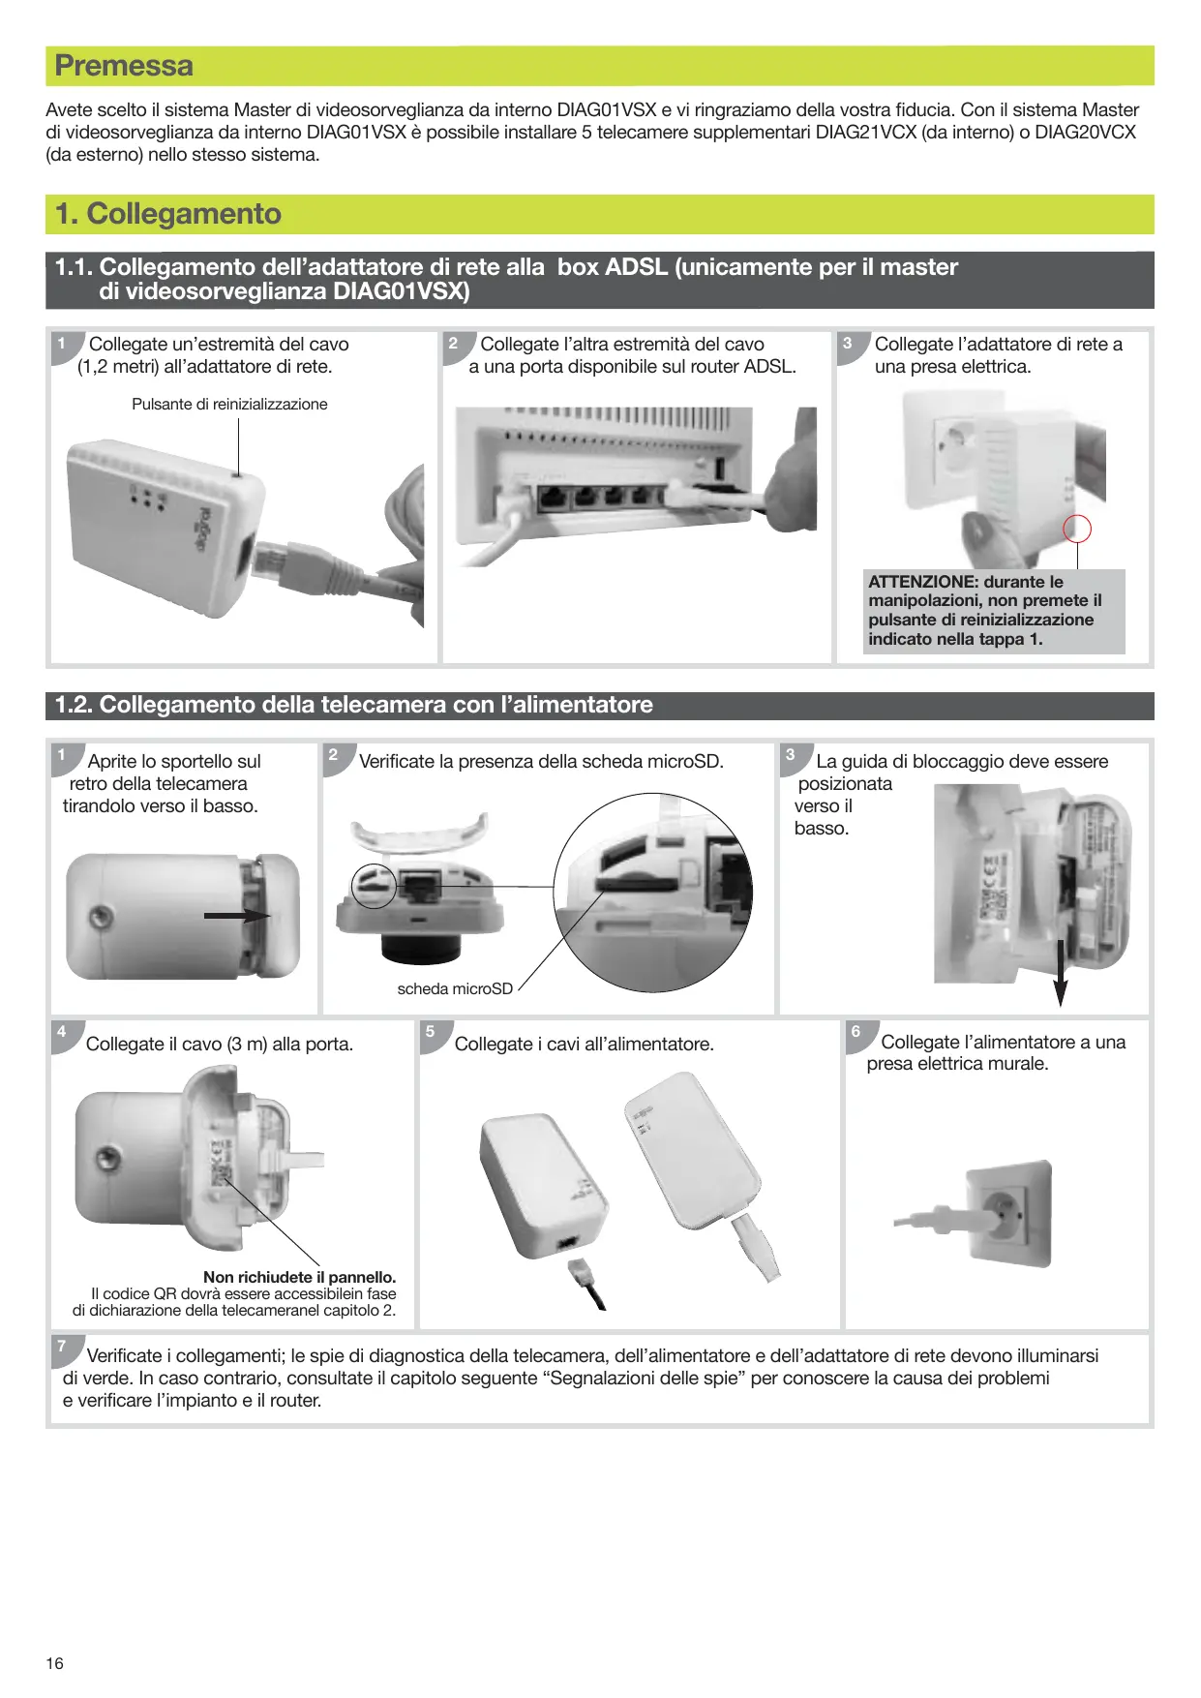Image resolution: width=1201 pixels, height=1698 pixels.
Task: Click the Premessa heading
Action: click(x=124, y=66)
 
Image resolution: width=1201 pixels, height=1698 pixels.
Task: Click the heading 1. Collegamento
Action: click(x=168, y=214)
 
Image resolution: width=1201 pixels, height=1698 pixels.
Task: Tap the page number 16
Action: click(x=55, y=1663)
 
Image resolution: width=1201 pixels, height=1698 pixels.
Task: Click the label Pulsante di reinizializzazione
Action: click(x=229, y=405)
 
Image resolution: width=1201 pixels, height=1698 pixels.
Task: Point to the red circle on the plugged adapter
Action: click(x=1077, y=529)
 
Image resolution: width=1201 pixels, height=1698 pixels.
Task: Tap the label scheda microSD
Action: click(x=455, y=988)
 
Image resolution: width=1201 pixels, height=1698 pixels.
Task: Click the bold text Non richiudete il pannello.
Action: click(x=299, y=1277)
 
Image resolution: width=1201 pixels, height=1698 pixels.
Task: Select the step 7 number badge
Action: click(x=63, y=1347)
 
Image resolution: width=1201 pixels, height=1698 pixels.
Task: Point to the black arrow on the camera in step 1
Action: click(x=236, y=915)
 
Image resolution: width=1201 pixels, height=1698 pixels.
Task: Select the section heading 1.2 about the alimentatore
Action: click(x=354, y=705)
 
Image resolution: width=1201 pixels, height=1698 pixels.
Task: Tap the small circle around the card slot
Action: click(x=374, y=885)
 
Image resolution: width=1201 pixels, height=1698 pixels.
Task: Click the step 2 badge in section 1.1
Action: click(x=454, y=344)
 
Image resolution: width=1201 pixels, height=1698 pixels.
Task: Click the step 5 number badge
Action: click(x=431, y=1032)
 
